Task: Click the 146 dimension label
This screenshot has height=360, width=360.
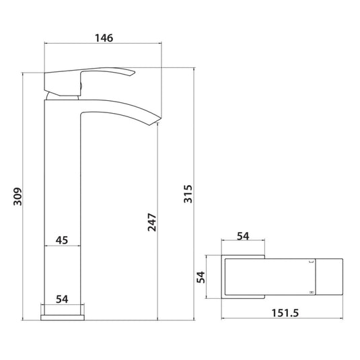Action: coord(104,38)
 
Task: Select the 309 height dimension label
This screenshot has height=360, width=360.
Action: coord(17,196)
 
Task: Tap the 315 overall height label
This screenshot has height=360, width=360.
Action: coord(188,194)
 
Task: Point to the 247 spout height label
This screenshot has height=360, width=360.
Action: coord(152,222)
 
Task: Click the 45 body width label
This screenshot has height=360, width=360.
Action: coord(62,240)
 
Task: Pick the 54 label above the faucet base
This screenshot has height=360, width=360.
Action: coord(62,299)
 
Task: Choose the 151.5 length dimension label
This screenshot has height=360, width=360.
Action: coord(285,313)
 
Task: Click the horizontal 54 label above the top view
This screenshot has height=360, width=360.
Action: coord(243,236)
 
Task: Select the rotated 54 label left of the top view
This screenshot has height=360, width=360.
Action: coord(201,277)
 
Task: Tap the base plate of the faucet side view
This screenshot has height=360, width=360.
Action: coord(63,318)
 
